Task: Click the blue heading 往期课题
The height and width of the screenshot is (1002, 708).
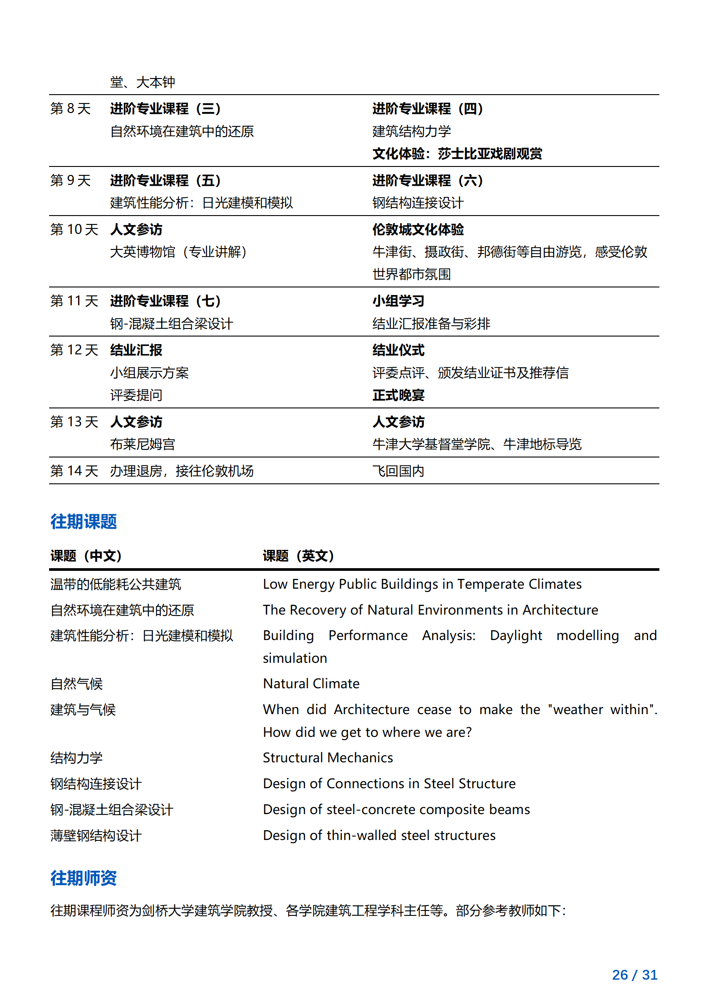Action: [x=83, y=521]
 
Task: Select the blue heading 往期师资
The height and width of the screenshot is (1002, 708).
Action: [x=83, y=877]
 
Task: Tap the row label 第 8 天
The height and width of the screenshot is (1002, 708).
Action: [x=70, y=108]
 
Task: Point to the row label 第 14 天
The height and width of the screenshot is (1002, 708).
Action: [x=74, y=470]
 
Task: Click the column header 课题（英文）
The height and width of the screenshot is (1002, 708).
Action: [x=298, y=556]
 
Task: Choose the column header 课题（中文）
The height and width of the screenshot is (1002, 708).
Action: [x=86, y=556]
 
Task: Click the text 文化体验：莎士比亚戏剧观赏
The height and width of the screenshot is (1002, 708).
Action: [x=457, y=154]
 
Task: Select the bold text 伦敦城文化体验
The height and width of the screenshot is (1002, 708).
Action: [x=418, y=229]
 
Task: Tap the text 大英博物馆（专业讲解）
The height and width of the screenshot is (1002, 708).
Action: [x=178, y=252]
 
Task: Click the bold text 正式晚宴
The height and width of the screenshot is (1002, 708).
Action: [x=398, y=395]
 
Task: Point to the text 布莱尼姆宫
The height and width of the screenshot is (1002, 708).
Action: [x=142, y=444]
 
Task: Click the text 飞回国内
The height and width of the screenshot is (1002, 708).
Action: [x=398, y=470]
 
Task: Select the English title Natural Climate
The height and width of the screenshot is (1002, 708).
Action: [x=311, y=683]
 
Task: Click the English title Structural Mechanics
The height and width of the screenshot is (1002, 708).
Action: [x=328, y=757]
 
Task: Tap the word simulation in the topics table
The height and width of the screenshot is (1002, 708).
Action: [x=295, y=658]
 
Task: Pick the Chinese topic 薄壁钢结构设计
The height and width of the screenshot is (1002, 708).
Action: [x=96, y=835]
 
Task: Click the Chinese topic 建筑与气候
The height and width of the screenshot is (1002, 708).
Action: [x=83, y=709]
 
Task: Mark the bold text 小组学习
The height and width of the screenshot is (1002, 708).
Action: [x=398, y=301]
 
